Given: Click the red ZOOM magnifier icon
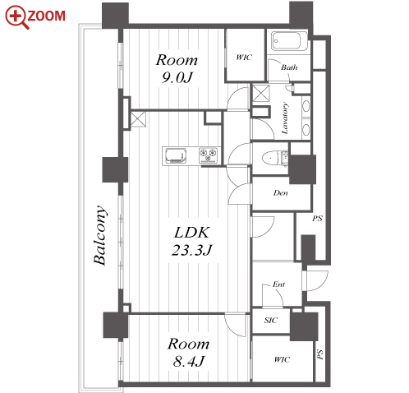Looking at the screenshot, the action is [16, 17].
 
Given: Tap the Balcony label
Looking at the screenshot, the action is [99, 235].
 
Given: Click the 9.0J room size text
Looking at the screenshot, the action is [177, 78].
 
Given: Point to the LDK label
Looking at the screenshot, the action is [192, 233].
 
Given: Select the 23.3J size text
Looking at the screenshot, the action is [192, 250].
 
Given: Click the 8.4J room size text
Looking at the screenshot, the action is [189, 362].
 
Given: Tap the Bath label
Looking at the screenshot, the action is [289, 67].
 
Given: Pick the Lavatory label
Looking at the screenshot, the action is [285, 118].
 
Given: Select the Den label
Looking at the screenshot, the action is [281, 193].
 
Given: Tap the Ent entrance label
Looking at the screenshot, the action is [278, 284].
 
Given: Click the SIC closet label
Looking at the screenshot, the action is [271, 320].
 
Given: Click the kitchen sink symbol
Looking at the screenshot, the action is [176, 155].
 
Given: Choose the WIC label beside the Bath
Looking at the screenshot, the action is [244, 58].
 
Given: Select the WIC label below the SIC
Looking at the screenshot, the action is [282, 359].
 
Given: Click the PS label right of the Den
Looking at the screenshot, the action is [317, 219].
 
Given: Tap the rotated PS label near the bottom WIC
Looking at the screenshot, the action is [319, 354].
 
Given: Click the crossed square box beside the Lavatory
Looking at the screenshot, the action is [261, 93].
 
